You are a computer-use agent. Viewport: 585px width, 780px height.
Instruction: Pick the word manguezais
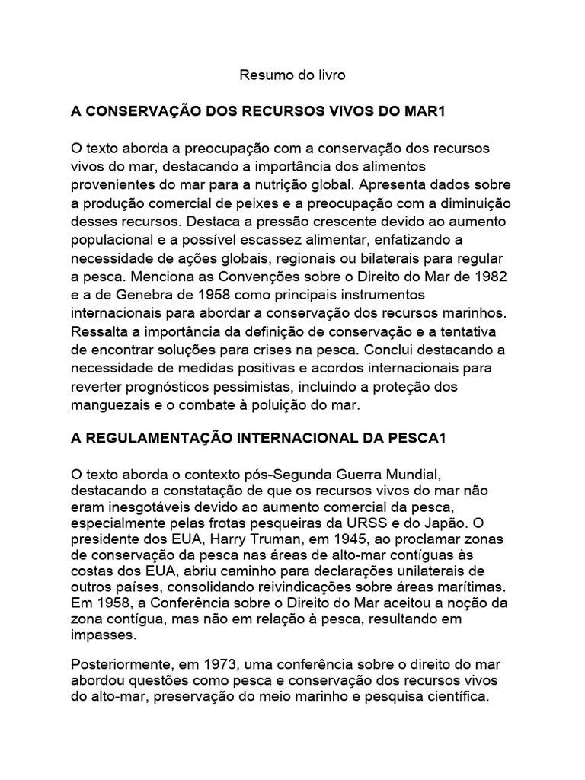pyautogui.click(x=107, y=404)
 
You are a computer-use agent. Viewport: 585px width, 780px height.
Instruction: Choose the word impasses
pyautogui.click(x=100, y=635)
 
